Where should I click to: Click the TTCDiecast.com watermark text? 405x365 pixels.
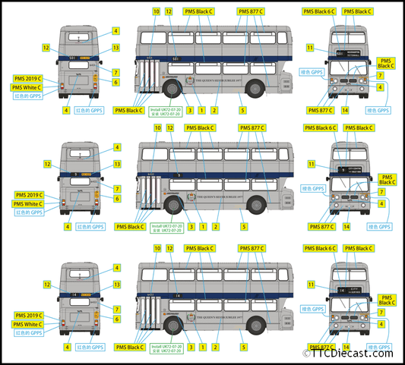click(351, 353)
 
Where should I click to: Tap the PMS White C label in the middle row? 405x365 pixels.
click(28, 204)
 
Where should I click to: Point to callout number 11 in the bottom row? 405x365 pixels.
click(310, 284)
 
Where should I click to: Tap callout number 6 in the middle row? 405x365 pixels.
click(116, 199)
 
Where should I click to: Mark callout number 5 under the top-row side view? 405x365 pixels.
click(242, 111)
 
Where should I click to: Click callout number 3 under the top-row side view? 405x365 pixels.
click(190, 111)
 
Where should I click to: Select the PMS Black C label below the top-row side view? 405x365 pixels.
click(129, 111)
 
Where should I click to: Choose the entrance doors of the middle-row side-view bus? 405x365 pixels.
click(147, 197)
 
